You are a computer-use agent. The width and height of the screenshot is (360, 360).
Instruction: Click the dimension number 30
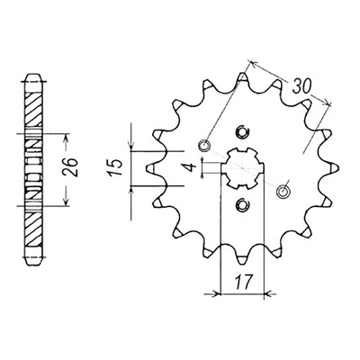(301, 87)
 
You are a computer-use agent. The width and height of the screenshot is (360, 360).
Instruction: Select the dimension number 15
(117, 167)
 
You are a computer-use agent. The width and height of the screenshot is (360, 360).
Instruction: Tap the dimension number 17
(243, 282)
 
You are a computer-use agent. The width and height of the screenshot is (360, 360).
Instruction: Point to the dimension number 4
(191, 167)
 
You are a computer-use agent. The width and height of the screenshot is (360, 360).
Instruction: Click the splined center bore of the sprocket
(242, 167)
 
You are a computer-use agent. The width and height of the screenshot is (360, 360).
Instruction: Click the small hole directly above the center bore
(243, 131)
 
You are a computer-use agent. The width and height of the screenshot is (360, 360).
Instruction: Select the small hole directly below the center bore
(242, 204)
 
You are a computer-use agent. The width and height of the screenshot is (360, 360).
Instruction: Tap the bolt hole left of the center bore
(205, 146)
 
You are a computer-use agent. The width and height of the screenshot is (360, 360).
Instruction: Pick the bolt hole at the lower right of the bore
(283, 191)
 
